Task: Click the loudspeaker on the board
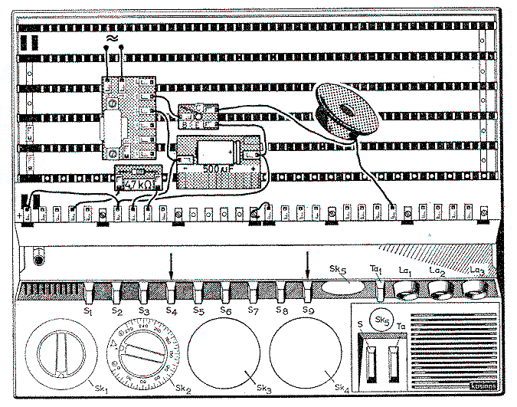pyautogui.click(x=347, y=110)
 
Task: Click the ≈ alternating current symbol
pyautogui.click(x=113, y=35)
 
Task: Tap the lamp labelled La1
pyautogui.click(x=406, y=290)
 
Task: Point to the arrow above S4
pyautogui.click(x=172, y=266)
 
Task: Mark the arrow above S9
pyautogui.click(x=307, y=266)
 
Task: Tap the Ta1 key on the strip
pyautogui.click(x=377, y=290)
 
